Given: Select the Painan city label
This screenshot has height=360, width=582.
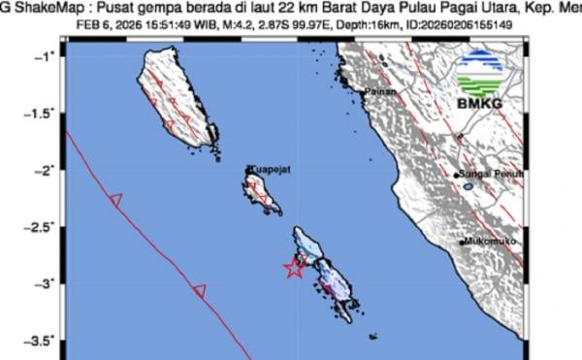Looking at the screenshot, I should pyautogui.click(x=376, y=93).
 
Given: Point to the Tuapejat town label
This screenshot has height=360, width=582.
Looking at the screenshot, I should pyautogui.click(x=267, y=169).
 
